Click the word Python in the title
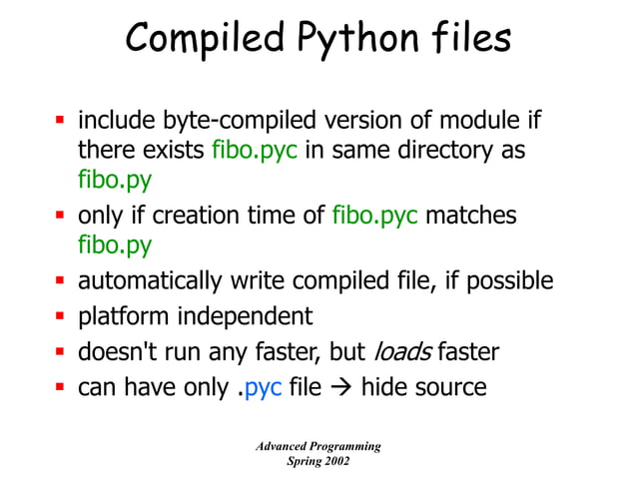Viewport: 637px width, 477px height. [x=343, y=39]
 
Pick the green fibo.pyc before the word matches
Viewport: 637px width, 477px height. [x=375, y=216]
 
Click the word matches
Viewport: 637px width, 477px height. [x=471, y=216]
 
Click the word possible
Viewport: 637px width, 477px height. [x=505, y=281]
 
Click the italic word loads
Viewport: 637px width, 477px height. [x=402, y=351]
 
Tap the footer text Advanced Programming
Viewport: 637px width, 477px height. [x=318, y=446]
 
